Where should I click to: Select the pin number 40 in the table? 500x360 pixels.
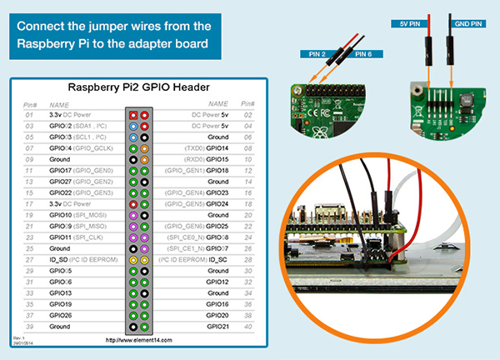click(247, 327)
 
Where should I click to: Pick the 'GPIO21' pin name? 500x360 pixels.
click(217, 327)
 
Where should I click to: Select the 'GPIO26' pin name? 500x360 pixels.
click(60, 315)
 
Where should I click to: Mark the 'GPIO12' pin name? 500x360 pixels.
click(217, 282)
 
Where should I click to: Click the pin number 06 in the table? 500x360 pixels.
click(247, 135)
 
